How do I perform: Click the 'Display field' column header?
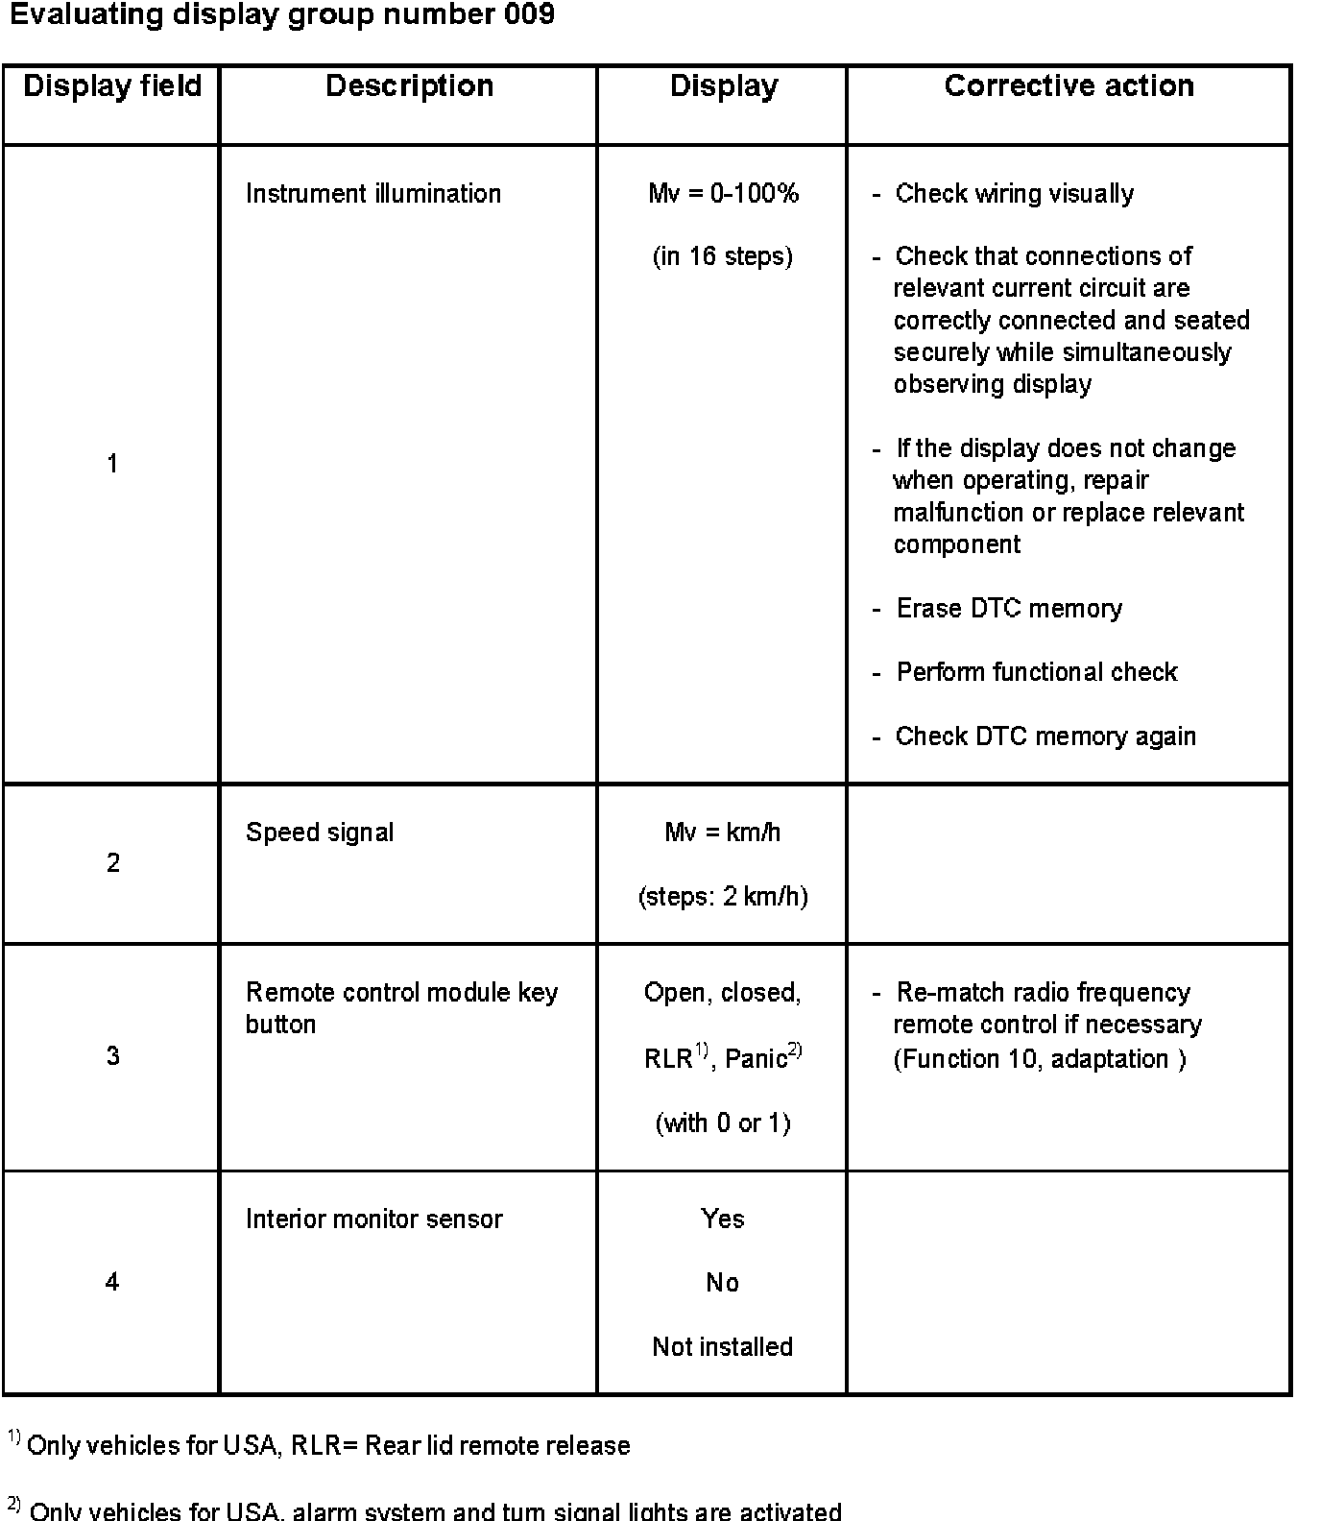click(112, 86)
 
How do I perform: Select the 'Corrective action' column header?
click(1069, 86)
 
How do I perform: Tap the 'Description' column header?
click(409, 86)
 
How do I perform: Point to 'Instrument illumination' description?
click(373, 194)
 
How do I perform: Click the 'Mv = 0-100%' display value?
click(723, 194)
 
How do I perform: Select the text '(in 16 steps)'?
click(723, 257)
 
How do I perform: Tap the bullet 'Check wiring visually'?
click(1014, 194)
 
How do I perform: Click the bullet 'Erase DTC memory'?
click(1009, 609)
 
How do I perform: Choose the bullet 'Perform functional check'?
click(1037, 672)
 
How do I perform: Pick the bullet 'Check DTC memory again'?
click(1045, 736)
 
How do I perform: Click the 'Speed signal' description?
click(320, 833)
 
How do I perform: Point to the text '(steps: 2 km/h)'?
click(723, 897)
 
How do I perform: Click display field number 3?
click(112, 1057)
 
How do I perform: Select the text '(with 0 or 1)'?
click(723, 1123)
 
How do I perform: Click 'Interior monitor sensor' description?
click(374, 1219)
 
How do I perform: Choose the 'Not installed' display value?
click(723, 1347)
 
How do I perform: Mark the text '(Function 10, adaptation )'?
click(1040, 1059)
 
